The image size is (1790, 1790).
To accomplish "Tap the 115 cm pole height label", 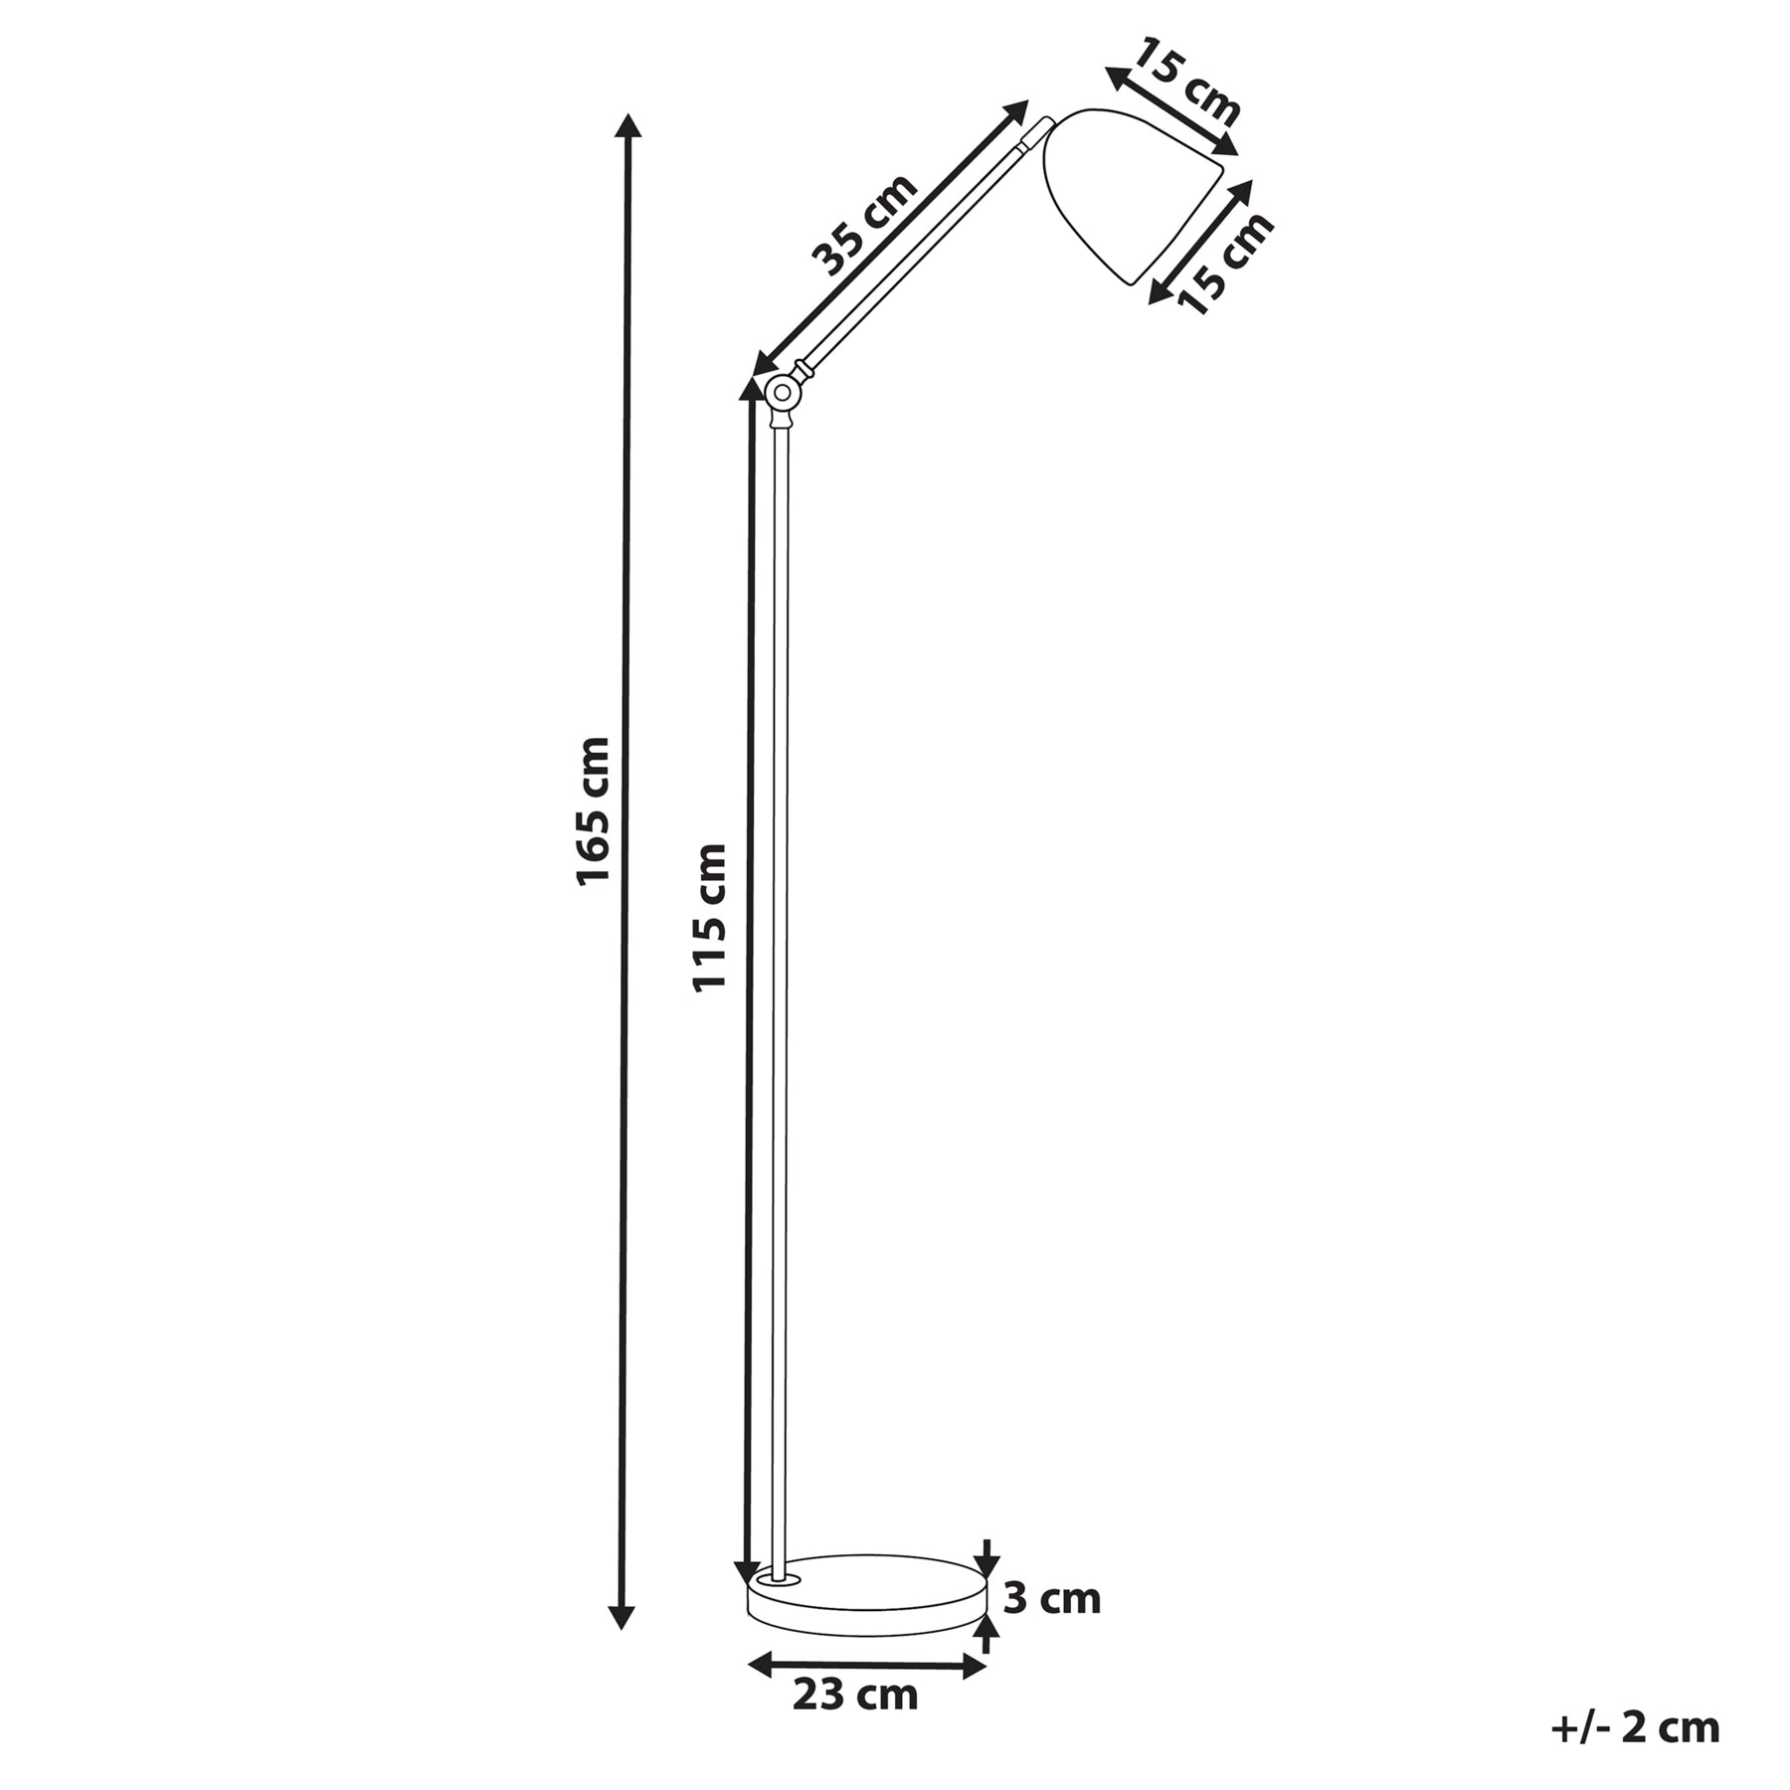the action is tap(710, 917).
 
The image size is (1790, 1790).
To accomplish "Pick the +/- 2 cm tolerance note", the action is tap(1635, 1728).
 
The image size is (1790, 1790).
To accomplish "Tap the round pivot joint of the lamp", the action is tap(782, 392).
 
